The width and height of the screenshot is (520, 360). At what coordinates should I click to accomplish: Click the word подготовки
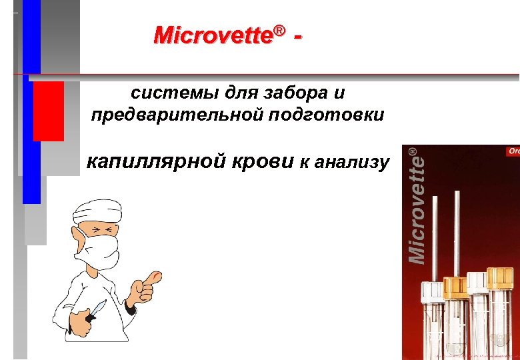point(327,115)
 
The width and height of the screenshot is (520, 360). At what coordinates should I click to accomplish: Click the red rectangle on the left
point(48,111)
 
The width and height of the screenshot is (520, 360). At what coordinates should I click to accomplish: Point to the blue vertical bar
point(31,133)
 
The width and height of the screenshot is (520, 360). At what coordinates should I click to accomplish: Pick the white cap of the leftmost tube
point(432,291)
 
